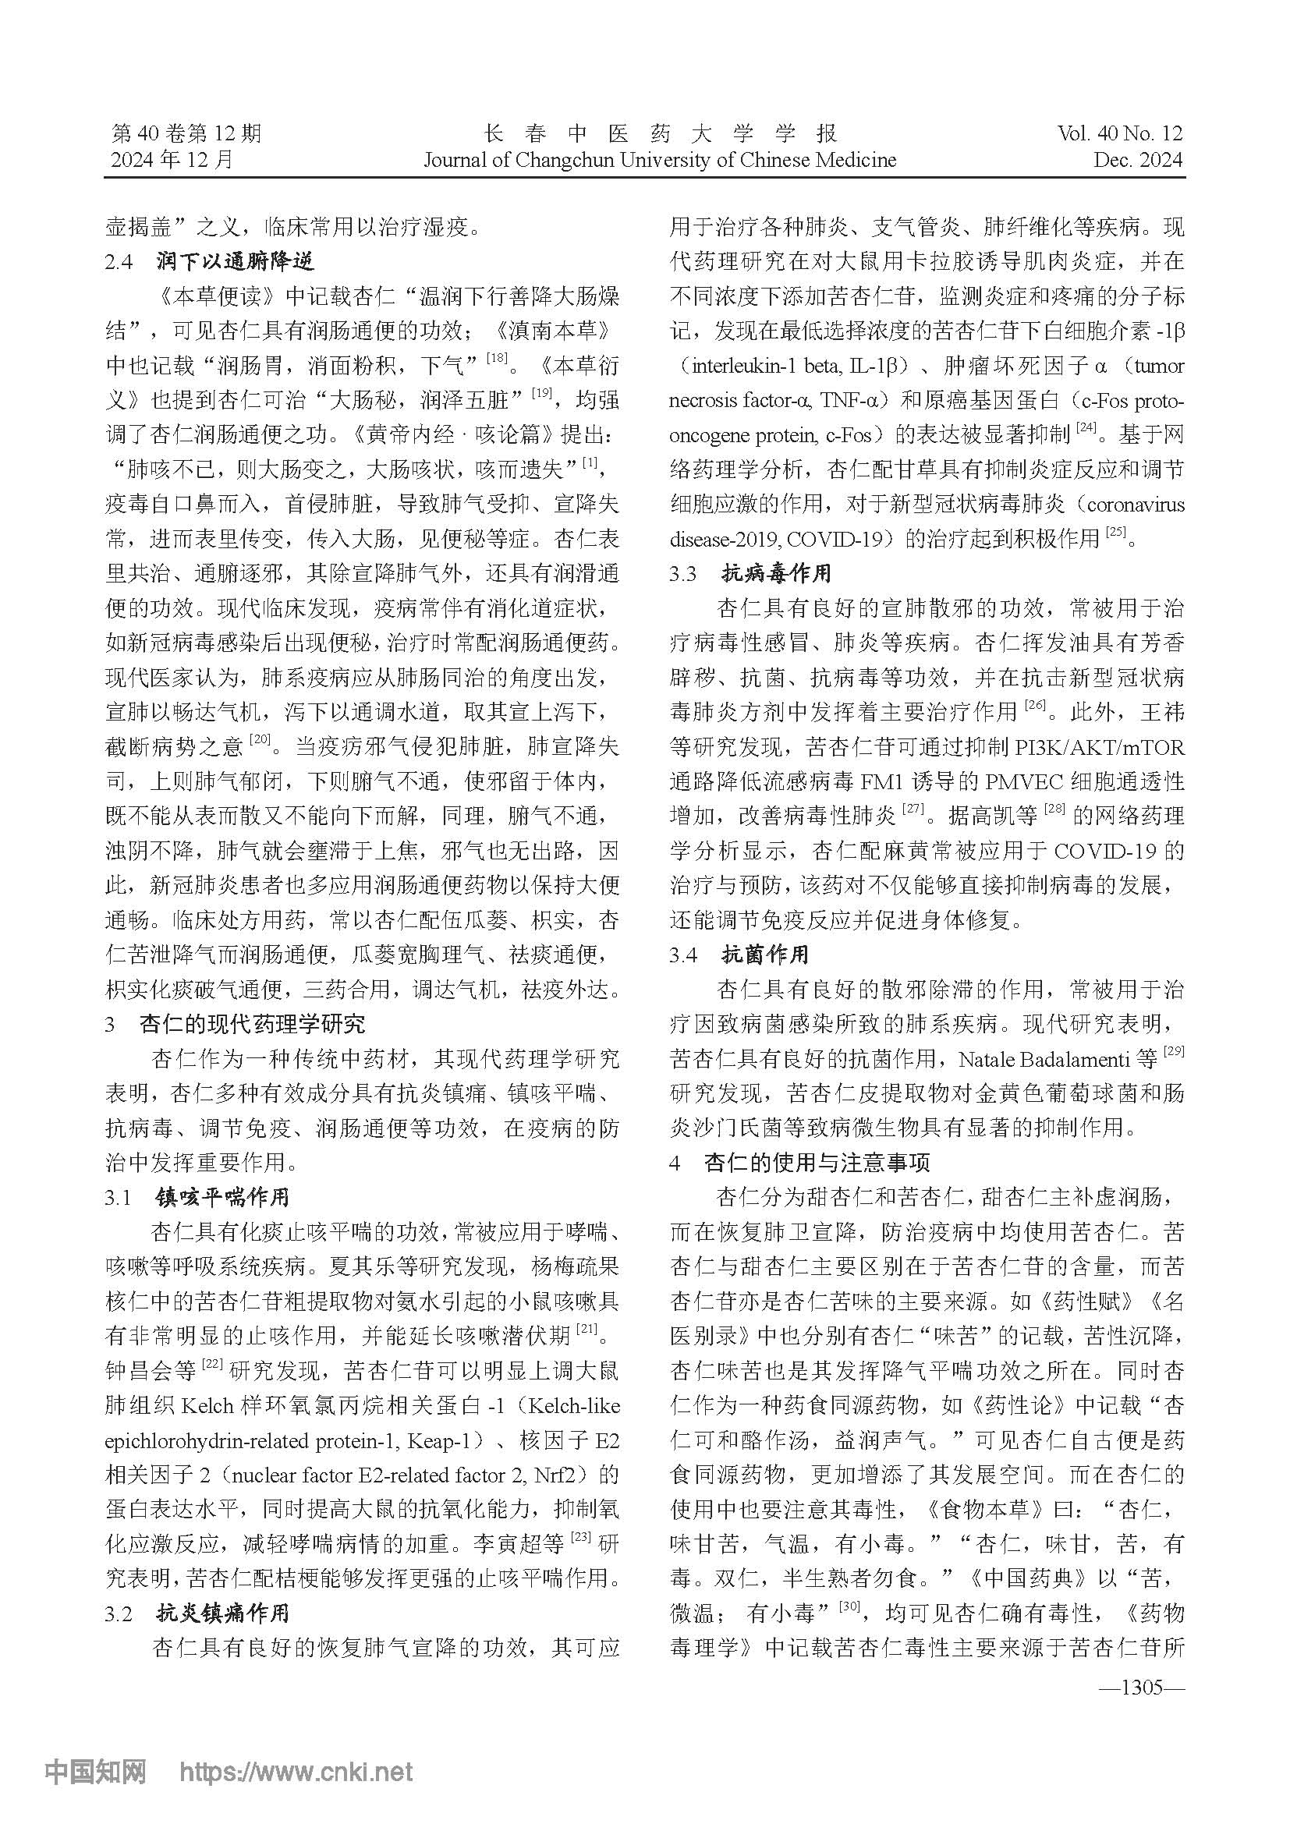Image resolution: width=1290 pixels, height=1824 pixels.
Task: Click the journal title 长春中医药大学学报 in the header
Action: tap(659, 133)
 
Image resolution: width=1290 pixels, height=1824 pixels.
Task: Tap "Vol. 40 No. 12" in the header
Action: tap(1119, 133)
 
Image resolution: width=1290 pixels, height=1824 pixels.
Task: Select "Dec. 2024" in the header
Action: tap(1137, 160)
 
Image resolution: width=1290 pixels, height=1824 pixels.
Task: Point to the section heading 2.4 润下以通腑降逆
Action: tap(210, 261)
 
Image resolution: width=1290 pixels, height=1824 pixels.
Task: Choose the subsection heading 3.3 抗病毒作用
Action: tap(750, 574)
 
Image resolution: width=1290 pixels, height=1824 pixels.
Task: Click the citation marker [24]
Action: tap(1086, 430)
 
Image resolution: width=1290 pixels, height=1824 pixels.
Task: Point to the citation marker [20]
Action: tap(260, 741)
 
